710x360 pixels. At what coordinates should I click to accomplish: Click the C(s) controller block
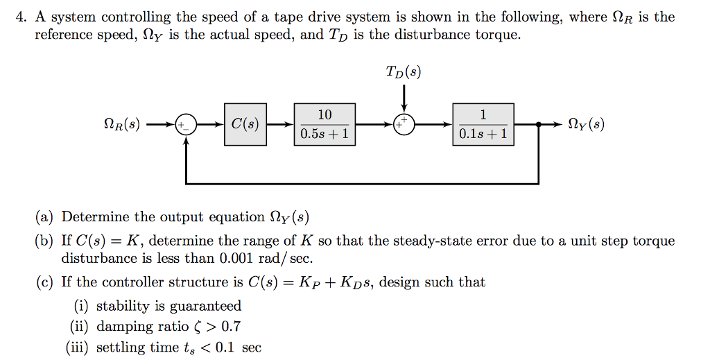(245, 125)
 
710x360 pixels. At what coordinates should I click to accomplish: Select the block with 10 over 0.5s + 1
(325, 125)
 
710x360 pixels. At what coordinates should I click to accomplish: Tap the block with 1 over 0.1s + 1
(483, 125)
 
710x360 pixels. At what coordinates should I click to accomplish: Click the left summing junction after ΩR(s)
(186, 126)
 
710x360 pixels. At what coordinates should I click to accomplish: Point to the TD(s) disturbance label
(404, 71)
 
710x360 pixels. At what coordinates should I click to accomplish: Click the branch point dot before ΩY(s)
(539, 126)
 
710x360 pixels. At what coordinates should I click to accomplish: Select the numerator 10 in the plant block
(325, 115)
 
